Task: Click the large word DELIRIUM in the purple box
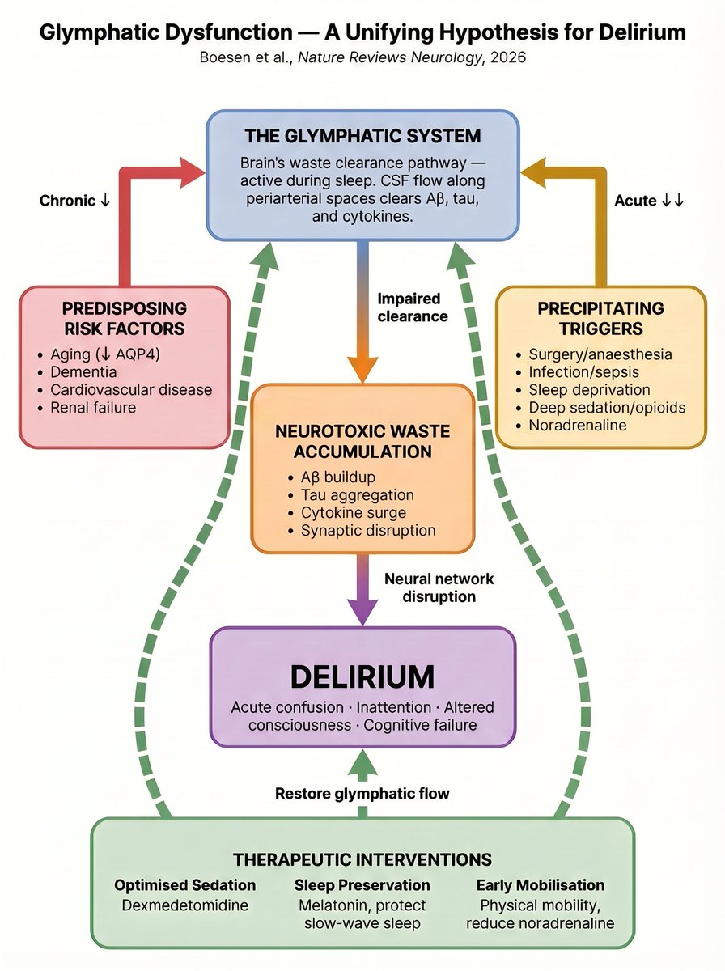click(x=362, y=676)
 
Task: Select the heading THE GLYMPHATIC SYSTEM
click(x=362, y=135)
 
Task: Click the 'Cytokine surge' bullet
click(x=354, y=512)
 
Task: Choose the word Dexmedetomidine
click(x=184, y=904)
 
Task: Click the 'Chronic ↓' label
click(x=75, y=200)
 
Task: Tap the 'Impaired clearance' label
click(x=412, y=307)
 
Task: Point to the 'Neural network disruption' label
click(x=439, y=587)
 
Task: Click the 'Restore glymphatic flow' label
click(x=362, y=793)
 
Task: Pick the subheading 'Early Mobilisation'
click(x=540, y=884)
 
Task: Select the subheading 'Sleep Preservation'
click(x=362, y=884)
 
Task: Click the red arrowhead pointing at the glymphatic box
click(x=193, y=171)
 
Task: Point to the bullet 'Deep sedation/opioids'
click(x=607, y=407)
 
